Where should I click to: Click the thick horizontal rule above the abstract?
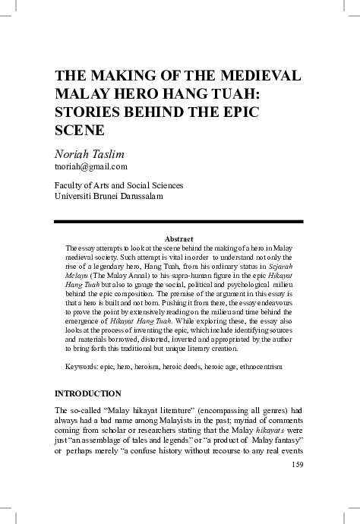179,221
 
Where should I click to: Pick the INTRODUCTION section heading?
88,393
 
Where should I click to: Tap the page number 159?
296,465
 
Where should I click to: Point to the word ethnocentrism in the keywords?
258,368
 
